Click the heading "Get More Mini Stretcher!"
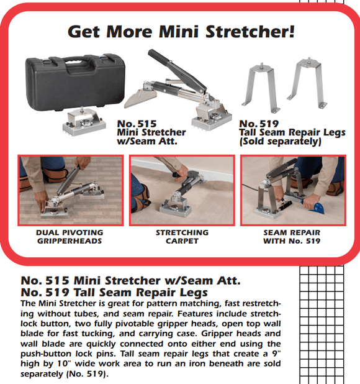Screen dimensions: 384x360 tap(180, 31)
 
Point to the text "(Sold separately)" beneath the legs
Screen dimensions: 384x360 tap(279, 142)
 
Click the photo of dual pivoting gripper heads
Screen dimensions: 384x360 tap(70, 190)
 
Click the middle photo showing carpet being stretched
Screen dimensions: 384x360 tap(182, 190)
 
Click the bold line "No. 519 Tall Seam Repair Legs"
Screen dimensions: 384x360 tap(115, 292)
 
